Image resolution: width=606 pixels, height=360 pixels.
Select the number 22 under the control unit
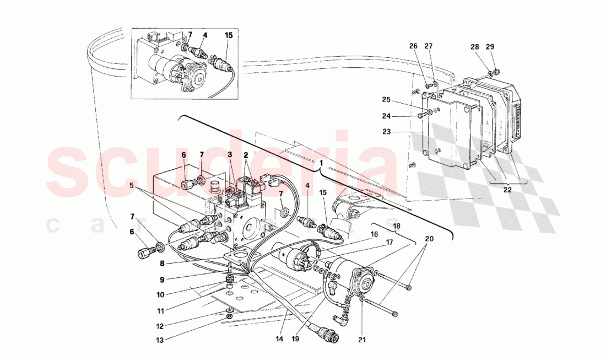click(x=507, y=189)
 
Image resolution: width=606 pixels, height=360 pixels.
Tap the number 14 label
click(x=279, y=339)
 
